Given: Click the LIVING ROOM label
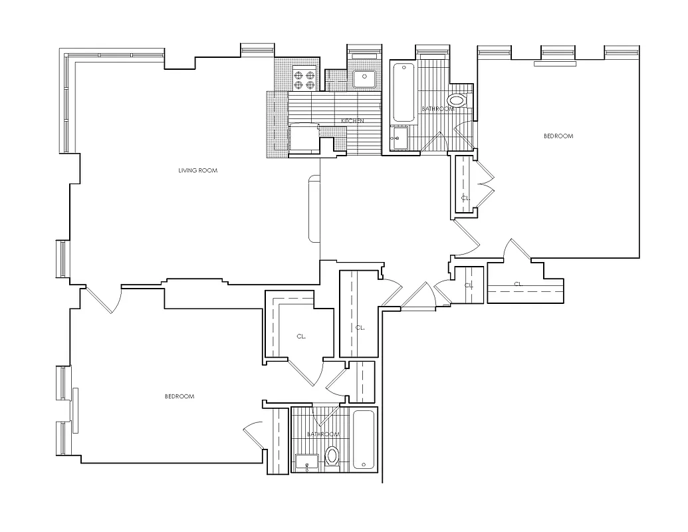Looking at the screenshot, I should coord(198,171).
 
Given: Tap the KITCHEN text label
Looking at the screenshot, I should coord(352,120).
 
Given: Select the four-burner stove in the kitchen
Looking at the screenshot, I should coord(304,80).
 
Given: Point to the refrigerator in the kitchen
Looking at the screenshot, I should coord(304,140).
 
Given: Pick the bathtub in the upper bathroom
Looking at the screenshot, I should coord(402,92).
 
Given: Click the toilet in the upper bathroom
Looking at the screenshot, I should coord(457,101).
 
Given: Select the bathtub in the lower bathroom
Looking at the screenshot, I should coord(364,440).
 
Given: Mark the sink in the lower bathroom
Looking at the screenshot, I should coord(306,460).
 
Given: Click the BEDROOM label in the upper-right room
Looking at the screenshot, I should coord(558,136).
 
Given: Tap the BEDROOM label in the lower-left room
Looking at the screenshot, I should coord(179,397).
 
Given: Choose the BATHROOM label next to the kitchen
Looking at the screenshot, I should coord(437,108).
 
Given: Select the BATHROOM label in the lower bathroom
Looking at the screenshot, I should coord(323,434).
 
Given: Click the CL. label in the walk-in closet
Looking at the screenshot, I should coord(301,337).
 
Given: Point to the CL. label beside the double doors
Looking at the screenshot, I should coord(466,198).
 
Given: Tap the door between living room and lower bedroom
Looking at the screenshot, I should coord(103,301).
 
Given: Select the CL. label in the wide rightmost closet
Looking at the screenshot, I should coord(518,284).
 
